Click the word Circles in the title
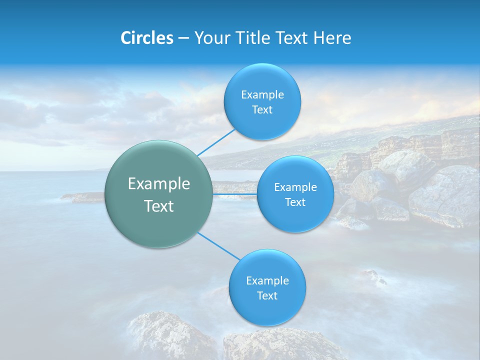(x=146, y=38)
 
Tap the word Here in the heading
(x=332, y=38)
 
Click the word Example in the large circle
(x=159, y=184)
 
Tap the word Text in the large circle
(x=159, y=206)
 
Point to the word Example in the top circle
(x=262, y=95)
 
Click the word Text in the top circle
(x=262, y=110)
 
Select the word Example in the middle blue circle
(x=295, y=187)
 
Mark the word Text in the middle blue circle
(x=295, y=202)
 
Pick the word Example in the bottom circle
(x=267, y=281)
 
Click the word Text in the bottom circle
(x=267, y=296)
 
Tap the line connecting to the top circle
(x=216, y=142)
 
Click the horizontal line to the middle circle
(x=235, y=194)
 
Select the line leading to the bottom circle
(x=218, y=246)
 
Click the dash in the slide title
(x=183, y=38)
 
